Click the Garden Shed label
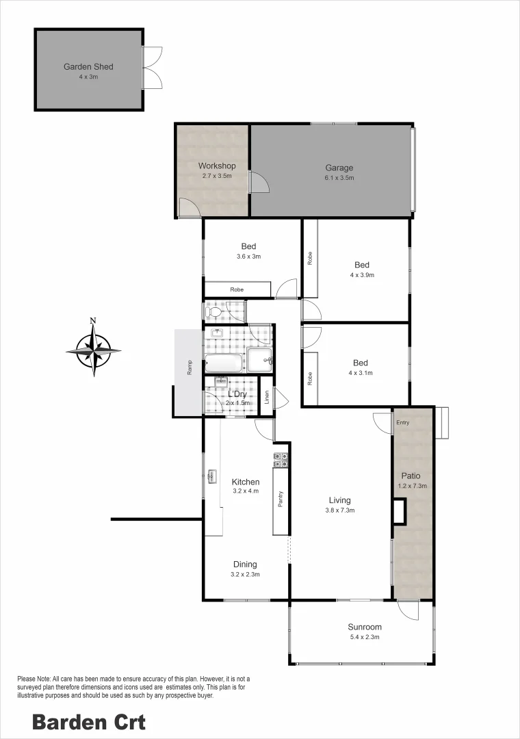(88, 67)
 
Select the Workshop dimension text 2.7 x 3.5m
(217, 176)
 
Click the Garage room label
(339, 168)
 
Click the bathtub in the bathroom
(224, 363)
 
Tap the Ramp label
(190, 367)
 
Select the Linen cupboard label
(267, 397)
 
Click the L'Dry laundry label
(237, 394)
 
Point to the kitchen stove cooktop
(281, 460)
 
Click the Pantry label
(281, 499)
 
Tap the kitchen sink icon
(211, 476)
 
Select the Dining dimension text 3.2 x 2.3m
(245, 575)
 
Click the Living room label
(339, 500)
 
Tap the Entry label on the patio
(402, 423)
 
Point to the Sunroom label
(365, 627)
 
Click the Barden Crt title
(89, 722)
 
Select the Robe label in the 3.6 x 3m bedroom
(237, 289)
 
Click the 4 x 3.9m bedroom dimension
(362, 275)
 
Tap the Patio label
(411, 476)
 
